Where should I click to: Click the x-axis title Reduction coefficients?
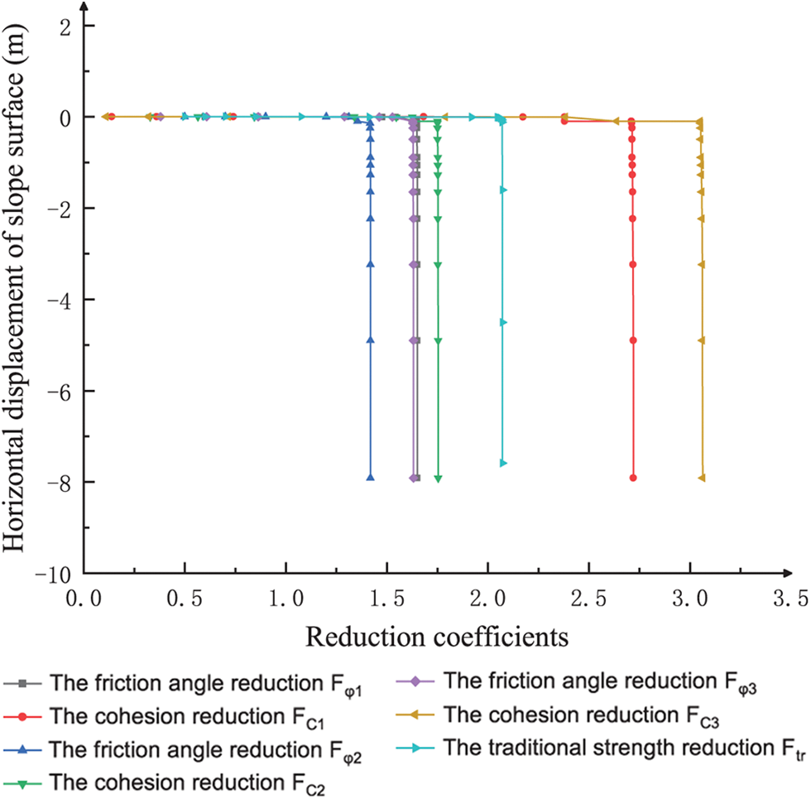point(435,638)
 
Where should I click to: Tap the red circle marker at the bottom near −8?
point(633,478)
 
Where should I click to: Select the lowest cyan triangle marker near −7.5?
point(503,463)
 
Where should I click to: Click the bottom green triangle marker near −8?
point(438,479)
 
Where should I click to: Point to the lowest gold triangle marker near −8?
point(702,478)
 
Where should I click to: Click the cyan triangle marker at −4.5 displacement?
point(503,322)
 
